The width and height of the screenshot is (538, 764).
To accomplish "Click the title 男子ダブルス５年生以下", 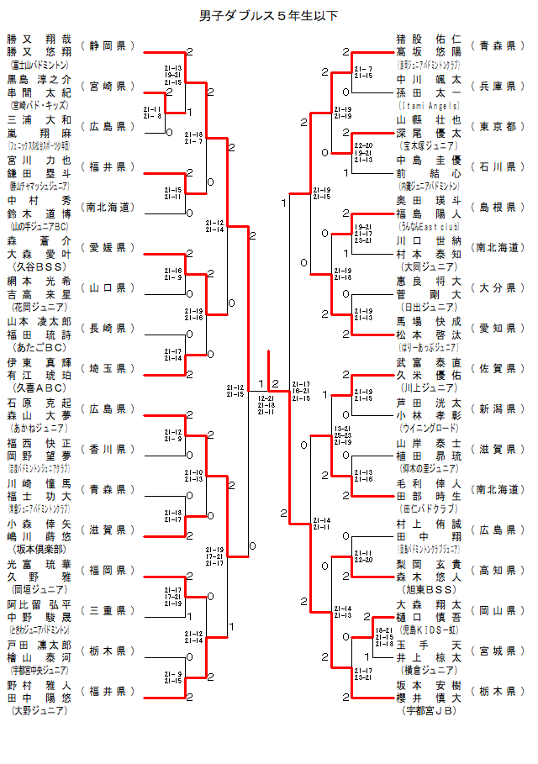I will click(269, 15).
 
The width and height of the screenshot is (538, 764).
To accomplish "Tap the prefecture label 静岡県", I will click(108, 45).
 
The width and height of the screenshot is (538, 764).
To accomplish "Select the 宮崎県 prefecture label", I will click(108, 86).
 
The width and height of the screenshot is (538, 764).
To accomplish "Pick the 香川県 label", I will click(108, 449).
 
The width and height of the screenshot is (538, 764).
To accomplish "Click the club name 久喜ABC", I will click(40, 387).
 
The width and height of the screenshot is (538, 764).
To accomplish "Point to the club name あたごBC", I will click(40, 347).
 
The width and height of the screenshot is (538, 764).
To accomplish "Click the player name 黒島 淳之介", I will click(40, 80).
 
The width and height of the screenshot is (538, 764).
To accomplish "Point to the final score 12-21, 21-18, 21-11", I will click(266, 405).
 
